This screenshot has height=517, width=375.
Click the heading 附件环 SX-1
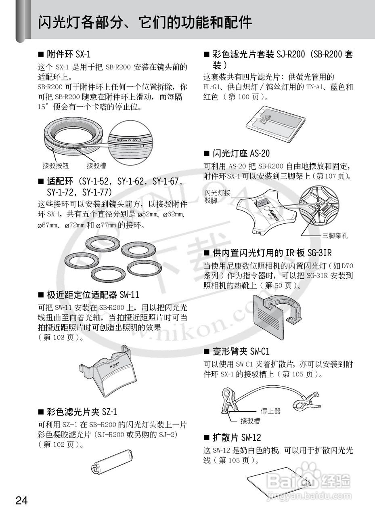coord(69,55)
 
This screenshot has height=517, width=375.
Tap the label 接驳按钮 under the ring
coord(56,166)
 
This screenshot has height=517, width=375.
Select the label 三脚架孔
coord(335,235)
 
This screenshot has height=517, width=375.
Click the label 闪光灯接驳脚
coord(217,196)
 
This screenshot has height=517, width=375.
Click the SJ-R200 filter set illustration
coord(276,122)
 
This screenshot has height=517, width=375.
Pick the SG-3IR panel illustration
coord(277,317)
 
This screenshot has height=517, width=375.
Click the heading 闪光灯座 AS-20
coord(241,153)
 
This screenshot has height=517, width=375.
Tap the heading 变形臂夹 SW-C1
coord(241,351)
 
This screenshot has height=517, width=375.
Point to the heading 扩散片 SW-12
coord(237,437)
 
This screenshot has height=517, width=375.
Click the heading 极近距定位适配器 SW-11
coord(93,295)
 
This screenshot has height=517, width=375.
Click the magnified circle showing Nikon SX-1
coord(130,142)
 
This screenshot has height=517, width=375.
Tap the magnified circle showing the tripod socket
coord(319,206)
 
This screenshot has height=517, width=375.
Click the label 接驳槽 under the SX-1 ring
coord(96,166)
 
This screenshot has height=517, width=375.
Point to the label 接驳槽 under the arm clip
coord(250,421)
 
